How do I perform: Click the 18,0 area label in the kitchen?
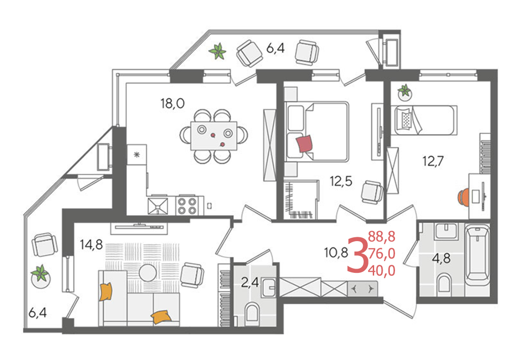(172, 104)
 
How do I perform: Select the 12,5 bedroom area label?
(341, 181)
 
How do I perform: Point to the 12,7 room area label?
(433, 161)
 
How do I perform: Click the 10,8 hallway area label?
(336, 253)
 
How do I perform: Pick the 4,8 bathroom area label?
(441, 258)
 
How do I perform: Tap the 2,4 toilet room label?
(250, 283)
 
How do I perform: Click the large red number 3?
(357, 254)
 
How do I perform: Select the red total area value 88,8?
(382, 237)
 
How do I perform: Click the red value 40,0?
(382, 271)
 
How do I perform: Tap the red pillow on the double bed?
(305, 144)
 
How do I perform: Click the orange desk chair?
(463, 197)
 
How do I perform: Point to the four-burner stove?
(187, 205)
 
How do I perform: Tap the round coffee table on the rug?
(147, 273)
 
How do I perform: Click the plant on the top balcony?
(218, 51)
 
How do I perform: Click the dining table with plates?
(214, 136)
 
